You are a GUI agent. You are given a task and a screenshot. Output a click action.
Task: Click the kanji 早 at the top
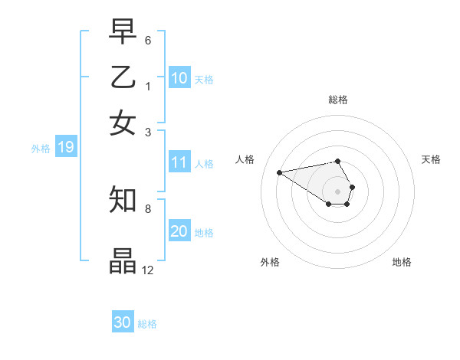123,32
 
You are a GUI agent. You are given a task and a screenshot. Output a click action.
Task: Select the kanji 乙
123,77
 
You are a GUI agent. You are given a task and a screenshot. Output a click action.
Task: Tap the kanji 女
123,122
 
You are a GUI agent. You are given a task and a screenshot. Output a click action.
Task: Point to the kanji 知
123,200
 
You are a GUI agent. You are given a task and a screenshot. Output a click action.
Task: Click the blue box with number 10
179,78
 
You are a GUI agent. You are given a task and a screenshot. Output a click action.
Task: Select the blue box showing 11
179,162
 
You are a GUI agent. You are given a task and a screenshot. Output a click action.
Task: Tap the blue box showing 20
179,231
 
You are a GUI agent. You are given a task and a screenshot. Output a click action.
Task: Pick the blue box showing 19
66,148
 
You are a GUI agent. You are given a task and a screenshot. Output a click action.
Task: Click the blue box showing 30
123,322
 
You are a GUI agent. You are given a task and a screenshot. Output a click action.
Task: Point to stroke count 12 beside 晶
148,270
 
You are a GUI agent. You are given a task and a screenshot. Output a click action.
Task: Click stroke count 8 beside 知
147,208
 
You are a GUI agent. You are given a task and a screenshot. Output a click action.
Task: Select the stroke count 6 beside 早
147,40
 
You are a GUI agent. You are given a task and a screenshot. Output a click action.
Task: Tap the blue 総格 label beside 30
147,324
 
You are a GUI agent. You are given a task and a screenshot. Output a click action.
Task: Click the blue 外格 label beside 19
41,149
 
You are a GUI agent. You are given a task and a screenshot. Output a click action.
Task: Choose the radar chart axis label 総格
337,100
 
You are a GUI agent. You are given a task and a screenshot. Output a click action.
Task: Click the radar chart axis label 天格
431,159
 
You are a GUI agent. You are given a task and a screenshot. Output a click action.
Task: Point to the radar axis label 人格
245,159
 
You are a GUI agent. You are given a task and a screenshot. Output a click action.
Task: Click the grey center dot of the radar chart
337,191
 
